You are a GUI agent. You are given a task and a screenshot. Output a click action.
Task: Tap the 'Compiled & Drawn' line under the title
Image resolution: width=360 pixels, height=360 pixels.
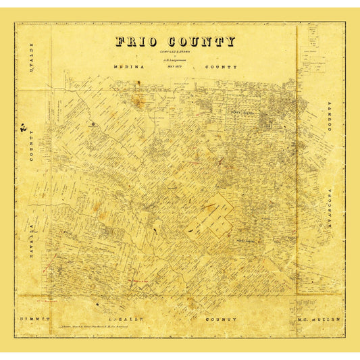[175, 53]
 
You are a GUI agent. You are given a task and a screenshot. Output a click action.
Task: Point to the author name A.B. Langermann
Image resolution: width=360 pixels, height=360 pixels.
[175, 61]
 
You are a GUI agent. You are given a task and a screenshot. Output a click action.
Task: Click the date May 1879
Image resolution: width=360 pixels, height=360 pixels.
[175, 66]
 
